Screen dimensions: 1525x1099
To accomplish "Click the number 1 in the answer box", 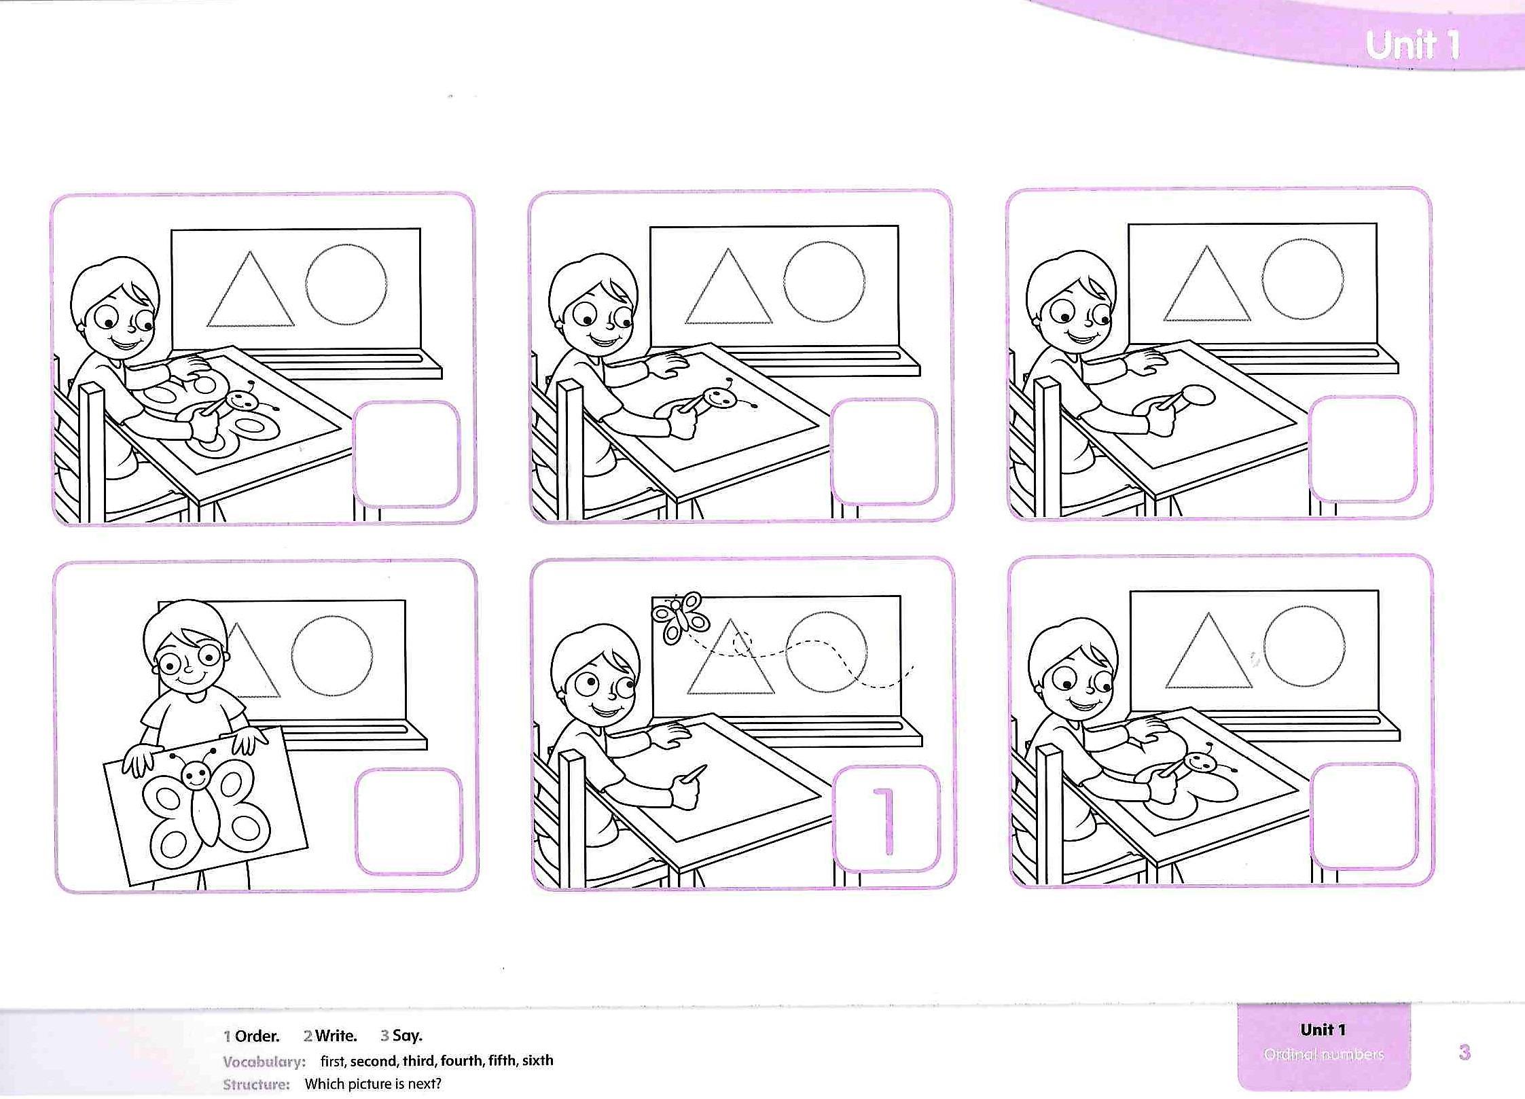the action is (x=884, y=821).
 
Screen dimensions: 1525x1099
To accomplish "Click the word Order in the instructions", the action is (x=257, y=1036).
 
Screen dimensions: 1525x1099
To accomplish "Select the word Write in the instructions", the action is (x=336, y=1036).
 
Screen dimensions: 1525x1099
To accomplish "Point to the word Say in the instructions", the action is (x=407, y=1036).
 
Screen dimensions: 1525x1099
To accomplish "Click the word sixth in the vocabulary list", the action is (x=538, y=1060).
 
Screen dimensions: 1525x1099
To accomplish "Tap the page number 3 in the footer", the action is (x=1465, y=1053).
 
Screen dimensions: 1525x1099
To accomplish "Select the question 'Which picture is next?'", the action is (x=373, y=1084).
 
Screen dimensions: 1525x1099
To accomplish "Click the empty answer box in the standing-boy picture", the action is (x=408, y=821).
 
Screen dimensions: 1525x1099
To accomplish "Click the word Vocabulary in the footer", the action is (x=264, y=1062).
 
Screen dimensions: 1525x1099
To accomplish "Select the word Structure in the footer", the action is (x=256, y=1085).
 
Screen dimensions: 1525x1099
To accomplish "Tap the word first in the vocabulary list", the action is (x=333, y=1060).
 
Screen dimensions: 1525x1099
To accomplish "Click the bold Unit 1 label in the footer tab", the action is (x=1323, y=1030).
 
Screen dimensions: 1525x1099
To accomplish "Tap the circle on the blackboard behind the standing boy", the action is (x=332, y=655).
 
